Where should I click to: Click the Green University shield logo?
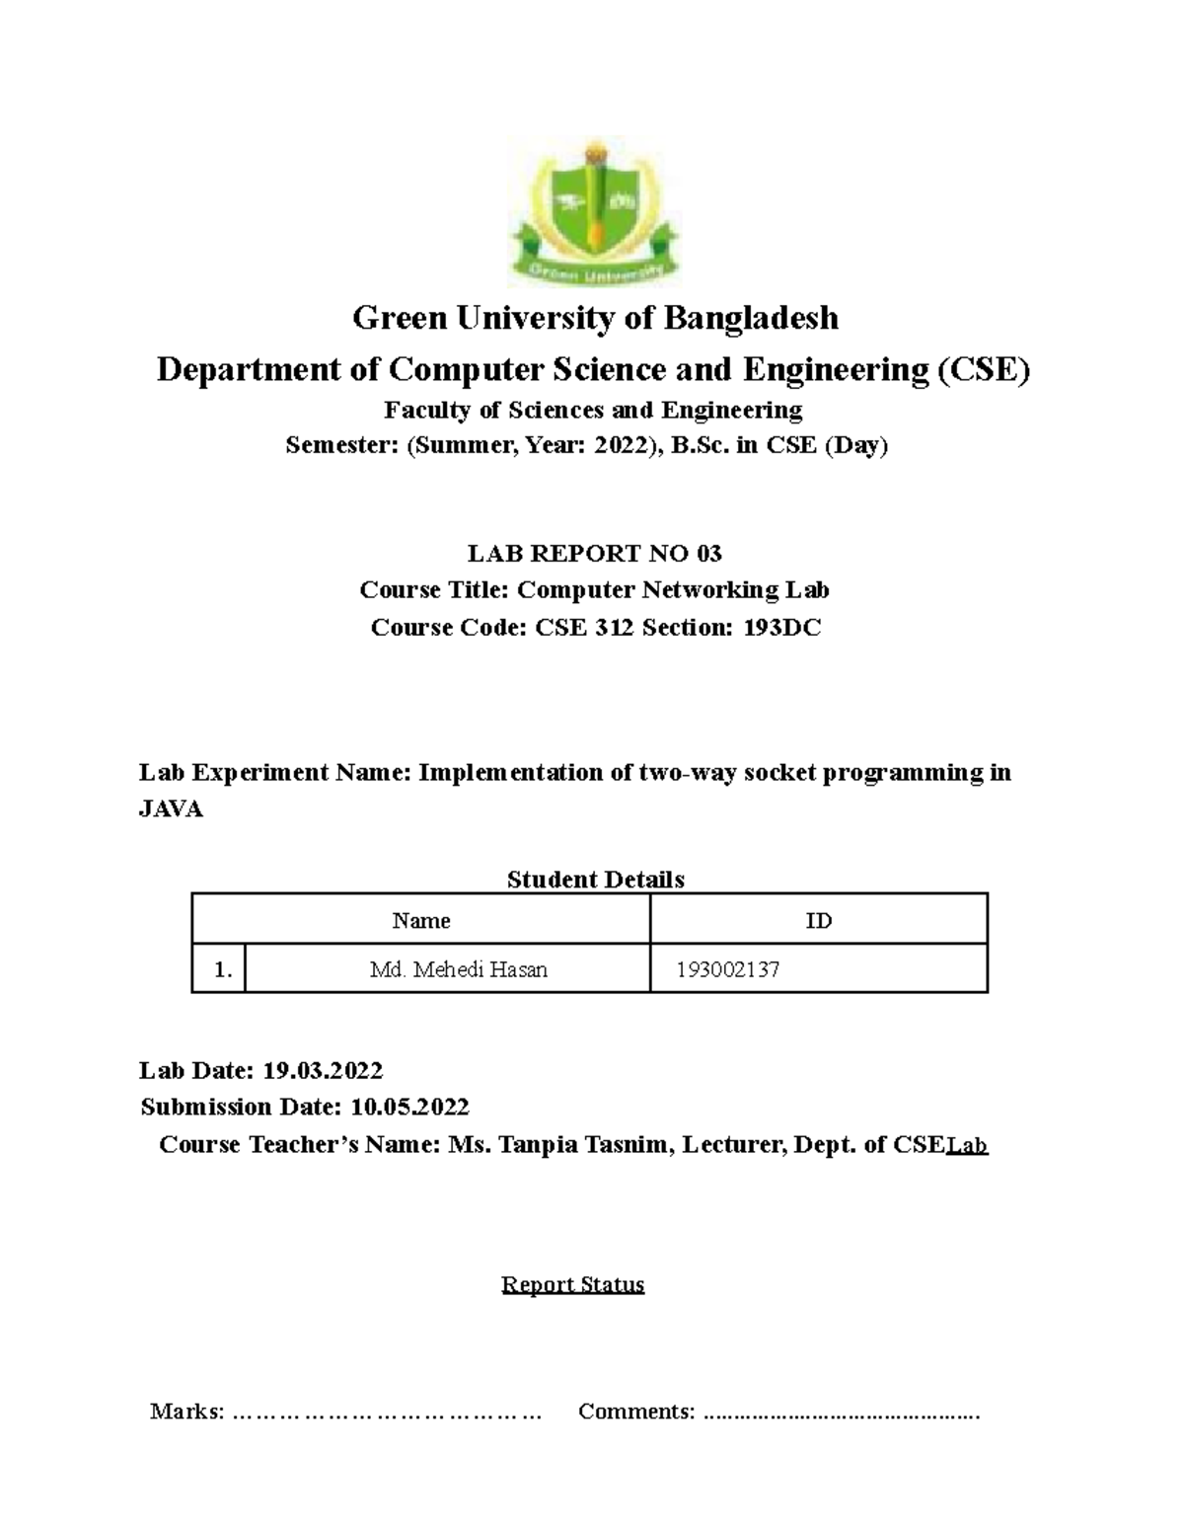tap(593, 211)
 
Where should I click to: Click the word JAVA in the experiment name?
tap(171, 809)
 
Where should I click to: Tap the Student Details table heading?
tap(595, 880)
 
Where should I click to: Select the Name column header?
tap(421, 921)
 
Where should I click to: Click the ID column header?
tap(818, 921)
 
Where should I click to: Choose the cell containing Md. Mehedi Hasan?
tap(458, 969)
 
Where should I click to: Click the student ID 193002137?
tap(728, 969)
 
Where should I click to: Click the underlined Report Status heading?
tap(572, 1284)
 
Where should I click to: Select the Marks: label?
tap(186, 1412)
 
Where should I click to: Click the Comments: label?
tap(636, 1412)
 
